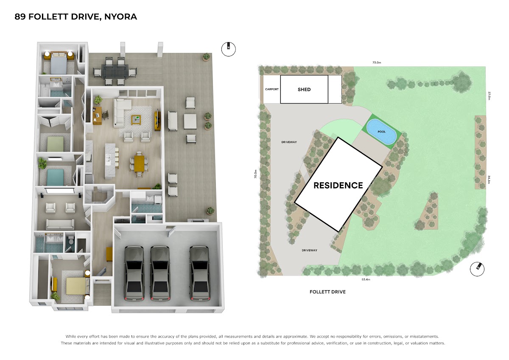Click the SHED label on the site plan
304,90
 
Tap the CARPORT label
272,89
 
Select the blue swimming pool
382,132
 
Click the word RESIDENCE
338,186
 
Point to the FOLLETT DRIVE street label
327,292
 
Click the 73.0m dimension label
377,62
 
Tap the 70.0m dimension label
256,174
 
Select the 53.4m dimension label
366,279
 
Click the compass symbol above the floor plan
228,49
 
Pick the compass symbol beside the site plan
477,269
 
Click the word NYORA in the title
120,17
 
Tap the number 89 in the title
20,17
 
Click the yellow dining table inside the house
139,163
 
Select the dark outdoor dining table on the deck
115,72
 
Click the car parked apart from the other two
199,273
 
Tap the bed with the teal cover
55,177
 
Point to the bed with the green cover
55,144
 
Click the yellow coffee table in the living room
136,120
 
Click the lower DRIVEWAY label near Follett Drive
309,250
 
